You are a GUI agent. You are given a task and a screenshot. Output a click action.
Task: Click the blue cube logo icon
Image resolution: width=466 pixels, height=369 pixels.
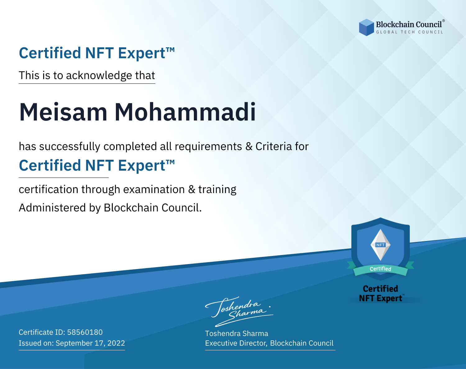(366, 27)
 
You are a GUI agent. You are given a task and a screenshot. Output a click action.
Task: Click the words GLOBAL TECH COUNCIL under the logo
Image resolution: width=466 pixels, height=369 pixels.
(409, 32)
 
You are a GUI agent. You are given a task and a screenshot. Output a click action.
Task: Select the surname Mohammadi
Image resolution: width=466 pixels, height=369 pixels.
(185, 112)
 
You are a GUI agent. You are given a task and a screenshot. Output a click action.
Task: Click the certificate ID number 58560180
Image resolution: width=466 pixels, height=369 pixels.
(85, 332)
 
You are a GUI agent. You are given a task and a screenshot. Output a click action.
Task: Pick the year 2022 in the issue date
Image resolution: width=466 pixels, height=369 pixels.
(116, 343)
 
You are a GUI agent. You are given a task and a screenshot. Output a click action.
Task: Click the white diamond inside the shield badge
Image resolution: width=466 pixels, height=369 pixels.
(381, 245)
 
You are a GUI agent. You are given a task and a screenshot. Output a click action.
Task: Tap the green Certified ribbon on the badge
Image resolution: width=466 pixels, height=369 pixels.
(381, 269)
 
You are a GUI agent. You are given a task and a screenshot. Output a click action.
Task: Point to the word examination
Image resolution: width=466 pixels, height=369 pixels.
(154, 189)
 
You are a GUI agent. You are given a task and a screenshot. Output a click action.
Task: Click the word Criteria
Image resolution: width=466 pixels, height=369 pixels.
(273, 146)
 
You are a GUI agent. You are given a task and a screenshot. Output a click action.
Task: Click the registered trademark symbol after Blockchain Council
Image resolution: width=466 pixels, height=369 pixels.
(444, 21)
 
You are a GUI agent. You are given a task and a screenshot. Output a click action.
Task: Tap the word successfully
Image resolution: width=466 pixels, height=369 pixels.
(70, 147)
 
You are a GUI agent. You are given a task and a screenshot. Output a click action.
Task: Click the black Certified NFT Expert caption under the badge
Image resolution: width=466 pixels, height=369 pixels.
(381, 294)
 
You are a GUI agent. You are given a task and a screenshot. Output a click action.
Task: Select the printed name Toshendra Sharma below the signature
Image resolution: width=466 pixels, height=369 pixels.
(236, 334)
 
